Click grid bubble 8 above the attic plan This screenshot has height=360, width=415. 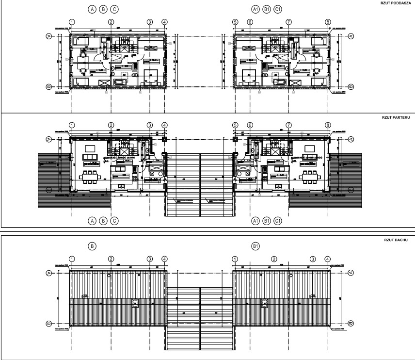pos(328,22)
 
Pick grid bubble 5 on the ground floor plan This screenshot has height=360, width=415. pos(236,125)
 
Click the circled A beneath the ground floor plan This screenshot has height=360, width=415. pos(91,221)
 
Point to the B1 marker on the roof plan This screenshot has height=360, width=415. pos(255,246)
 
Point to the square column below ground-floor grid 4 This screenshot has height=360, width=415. pos(165,139)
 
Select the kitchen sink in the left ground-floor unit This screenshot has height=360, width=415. pos(120,186)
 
